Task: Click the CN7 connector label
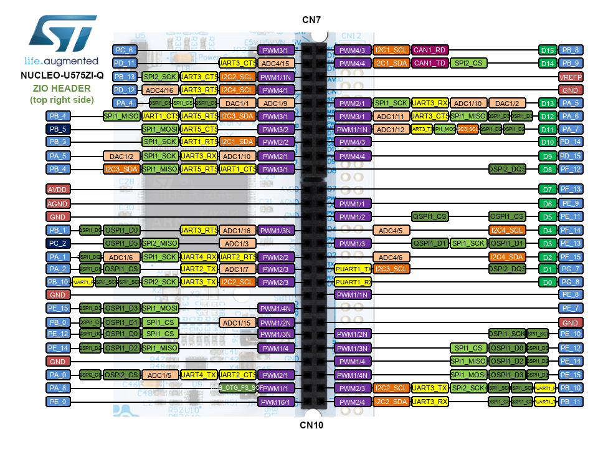pos(311,20)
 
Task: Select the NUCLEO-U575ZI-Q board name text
pos(61,75)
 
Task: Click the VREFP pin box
pos(571,77)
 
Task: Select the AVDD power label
pos(57,188)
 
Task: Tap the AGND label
pos(57,203)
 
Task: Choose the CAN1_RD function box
pos(430,50)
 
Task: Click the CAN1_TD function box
pos(430,63)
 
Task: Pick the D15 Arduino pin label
pos(548,50)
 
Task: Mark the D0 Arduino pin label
pos(548,282)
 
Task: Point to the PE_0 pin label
pos(57,402)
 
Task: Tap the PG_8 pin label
pos(571,282)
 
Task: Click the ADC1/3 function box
pos(237,243)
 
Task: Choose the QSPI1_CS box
pos(430,216)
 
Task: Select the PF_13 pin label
pos(571,188)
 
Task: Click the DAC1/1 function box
pos(237,103)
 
